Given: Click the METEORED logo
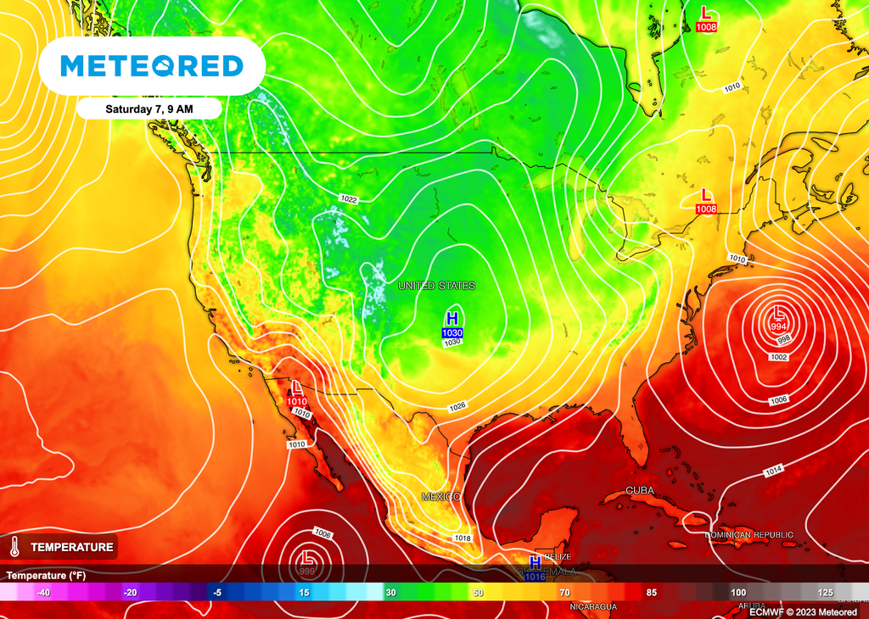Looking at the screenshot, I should coord(153,66).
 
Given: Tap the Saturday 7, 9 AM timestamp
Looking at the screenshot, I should coord(149,109).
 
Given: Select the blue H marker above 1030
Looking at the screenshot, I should coord(452,319).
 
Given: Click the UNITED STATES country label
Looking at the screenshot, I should coord(436,286).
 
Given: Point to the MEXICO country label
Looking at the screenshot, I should coord(441,496).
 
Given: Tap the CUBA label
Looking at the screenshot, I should coord(640,491).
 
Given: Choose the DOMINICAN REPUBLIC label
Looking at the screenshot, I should coord(749,535).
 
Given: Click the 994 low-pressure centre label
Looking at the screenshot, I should coord(777,326).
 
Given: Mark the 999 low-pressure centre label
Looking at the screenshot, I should coord(306,572).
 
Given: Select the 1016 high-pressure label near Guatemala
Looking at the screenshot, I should coord(535,577).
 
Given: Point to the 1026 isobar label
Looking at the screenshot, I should coord(457,406).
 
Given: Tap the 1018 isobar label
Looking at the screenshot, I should coord(463,538).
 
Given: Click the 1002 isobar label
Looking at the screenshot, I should coord(779,358).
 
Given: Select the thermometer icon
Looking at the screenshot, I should coord(15,547).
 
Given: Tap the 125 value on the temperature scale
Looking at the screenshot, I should coord(825,592).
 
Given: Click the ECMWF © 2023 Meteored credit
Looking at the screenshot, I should coord(804,611).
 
